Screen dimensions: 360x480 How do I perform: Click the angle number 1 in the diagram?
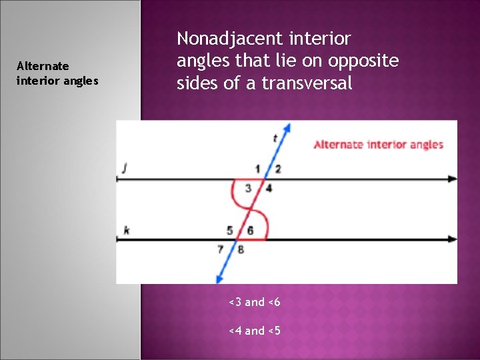[257, 169]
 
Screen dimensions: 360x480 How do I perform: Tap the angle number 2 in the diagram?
[277, 169]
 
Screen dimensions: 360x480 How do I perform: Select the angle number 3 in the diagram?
[248, 189]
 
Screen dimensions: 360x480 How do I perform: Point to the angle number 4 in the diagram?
[269, 189]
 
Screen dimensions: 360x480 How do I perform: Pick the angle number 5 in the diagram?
[230, 231]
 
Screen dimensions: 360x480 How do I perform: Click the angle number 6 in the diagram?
[250, 231]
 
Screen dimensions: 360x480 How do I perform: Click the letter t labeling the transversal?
[275, 139]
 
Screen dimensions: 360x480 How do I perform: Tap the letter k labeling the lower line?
[126, 230]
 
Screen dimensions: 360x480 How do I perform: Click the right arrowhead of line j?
[453, 179]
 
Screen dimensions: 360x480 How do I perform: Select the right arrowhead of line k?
[453, 239]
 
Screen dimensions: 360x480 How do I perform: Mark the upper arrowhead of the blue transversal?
[288, 127]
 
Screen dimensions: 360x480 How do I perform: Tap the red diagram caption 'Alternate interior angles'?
[378, 145]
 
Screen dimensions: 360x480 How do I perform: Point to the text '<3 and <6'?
[254, 303]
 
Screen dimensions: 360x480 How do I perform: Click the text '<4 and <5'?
[254, 331]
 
